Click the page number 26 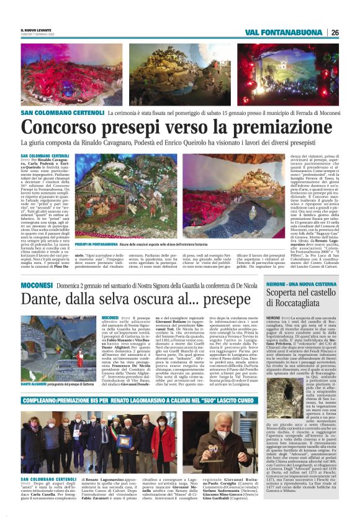(335, 32)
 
